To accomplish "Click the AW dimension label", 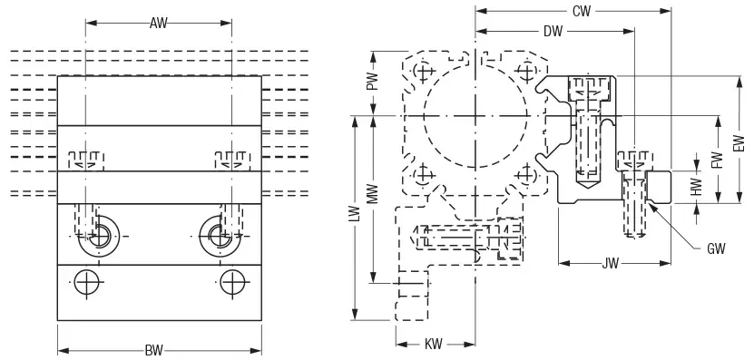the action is [158, 23].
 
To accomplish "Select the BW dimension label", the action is [154, 350].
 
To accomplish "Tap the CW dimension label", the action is [582, 11].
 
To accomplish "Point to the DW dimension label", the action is [553, 32].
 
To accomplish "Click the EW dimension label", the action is [739, 143].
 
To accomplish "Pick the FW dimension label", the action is [718, 161].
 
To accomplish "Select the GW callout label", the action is [716, 248].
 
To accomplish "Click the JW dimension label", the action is [611, 263].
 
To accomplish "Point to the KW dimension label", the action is [434, 345].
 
